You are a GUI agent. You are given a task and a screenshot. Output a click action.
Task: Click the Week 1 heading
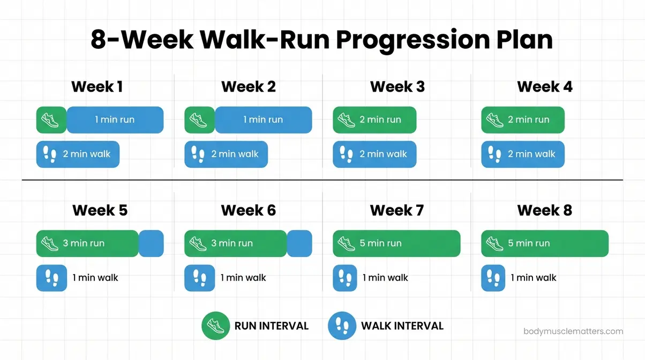(97, 87)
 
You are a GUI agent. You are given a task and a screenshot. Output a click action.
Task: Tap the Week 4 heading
(544, 87)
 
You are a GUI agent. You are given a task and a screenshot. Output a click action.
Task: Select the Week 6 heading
(248, 211)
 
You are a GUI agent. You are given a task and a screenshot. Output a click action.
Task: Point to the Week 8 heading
(544, 211)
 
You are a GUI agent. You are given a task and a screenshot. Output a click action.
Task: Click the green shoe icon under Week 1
(51, 120)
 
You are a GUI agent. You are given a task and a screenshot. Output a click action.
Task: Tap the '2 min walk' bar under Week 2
(226, 154)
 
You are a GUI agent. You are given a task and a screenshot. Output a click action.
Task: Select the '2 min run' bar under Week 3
(374, 120)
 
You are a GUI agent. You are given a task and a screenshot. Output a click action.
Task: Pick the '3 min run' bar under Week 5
(87, 244)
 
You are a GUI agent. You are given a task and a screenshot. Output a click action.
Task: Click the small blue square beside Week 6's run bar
(299, 244)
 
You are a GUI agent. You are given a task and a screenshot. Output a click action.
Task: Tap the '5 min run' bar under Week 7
(396, 244)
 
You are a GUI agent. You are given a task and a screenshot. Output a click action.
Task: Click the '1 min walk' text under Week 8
(533, 278)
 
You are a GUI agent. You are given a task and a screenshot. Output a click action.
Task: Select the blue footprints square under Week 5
(51, 278)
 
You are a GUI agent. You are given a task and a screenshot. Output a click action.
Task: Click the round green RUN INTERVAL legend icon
(215, 326)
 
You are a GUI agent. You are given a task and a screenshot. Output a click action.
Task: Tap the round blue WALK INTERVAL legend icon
(342, 326)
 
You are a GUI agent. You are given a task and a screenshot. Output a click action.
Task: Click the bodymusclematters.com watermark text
(573, 332)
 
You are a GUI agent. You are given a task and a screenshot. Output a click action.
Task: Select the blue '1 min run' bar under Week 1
(115, 120)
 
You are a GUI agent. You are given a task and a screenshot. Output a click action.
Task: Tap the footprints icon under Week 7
(346, 278)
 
